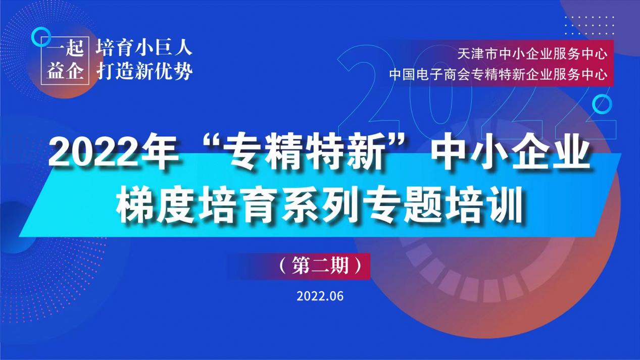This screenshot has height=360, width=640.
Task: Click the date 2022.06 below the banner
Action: coord(320,296)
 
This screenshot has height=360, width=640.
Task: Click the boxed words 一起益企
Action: coord(65,61)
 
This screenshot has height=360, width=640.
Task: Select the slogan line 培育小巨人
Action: coord(144,48)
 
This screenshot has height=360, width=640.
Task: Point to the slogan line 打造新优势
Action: coord(144,71)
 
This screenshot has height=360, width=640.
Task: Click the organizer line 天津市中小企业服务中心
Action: coord(532,54)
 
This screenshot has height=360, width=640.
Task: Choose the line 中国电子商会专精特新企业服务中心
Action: coord(498,75)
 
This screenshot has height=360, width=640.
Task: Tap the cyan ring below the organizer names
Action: coord(602,104)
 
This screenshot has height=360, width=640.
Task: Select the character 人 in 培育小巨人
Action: coord(183,48)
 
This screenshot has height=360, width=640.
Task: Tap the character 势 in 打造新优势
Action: coord(183,71)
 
